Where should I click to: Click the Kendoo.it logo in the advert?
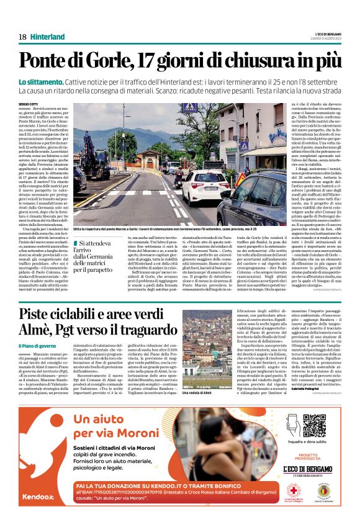[32, 515]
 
